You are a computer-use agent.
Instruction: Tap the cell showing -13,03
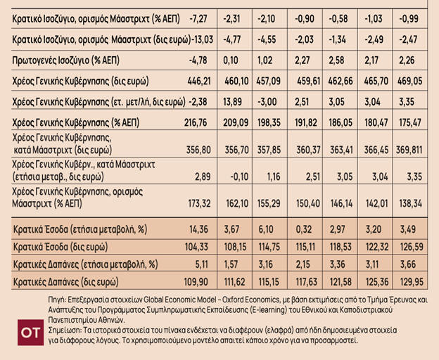pos(203,35)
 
